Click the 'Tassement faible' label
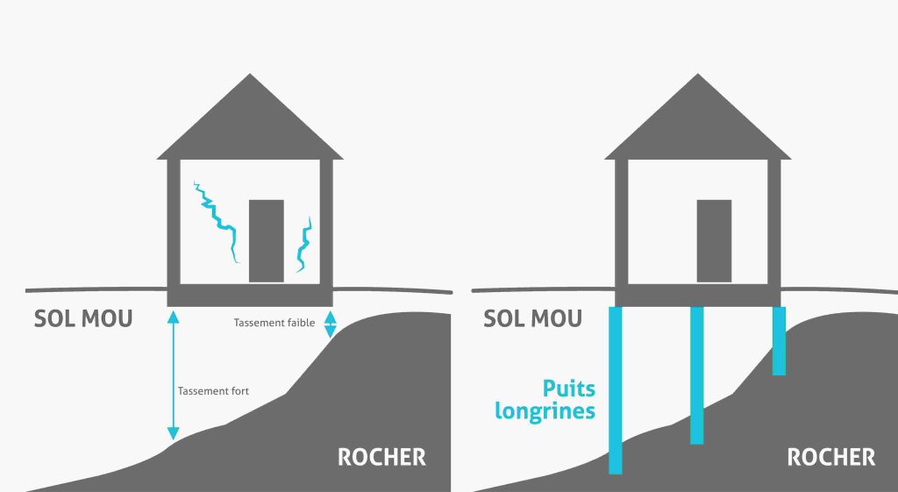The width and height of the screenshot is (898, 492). point(274,323)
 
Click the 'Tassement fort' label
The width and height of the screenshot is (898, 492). point(213,391)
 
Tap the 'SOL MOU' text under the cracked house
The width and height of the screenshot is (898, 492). point(83,318)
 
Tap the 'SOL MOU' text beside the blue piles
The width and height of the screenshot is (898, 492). point(532,318)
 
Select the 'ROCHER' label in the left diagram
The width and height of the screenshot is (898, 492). point(382,458)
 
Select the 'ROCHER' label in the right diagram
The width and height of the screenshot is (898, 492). point(831,458)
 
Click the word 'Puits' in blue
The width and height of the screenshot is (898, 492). point(568,389)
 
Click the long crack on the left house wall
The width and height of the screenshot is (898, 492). point(217,220)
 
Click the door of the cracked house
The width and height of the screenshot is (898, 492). point(267,241)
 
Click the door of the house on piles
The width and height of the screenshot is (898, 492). point(714,241)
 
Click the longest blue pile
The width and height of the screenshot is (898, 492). point(615,390)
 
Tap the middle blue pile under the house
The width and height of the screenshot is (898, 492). point(697,375)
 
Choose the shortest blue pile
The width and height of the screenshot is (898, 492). point(779,341)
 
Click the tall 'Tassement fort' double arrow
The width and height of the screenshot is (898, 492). point(173,375)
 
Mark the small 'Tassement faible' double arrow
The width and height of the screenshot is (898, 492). point(331,324)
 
